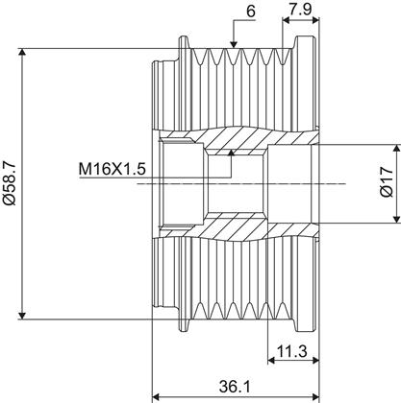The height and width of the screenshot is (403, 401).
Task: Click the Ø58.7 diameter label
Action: click(x=9, y=183)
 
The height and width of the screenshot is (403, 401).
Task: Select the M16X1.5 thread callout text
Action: click(x=113, y=169)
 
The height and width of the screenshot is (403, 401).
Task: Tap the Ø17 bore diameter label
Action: click(x=387, y=181)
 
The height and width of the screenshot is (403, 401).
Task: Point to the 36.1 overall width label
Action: click(x=235, y=387)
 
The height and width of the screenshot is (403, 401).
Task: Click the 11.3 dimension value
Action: click(x=292, y=352)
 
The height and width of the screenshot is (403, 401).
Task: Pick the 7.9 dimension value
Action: click(x=300, y=10)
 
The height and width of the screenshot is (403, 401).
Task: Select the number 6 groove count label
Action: click(x=251, y=12)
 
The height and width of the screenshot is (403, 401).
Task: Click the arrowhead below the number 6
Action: click(x=234, y=44)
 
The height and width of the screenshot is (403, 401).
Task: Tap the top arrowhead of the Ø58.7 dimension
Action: click(x=22, y=52)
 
